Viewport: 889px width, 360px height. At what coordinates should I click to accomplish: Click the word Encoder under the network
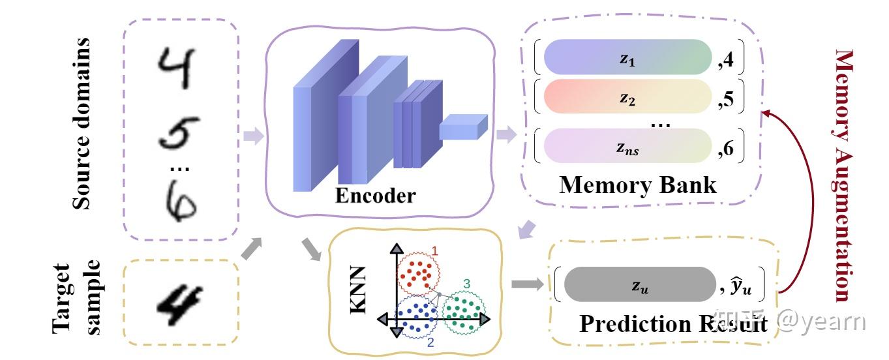coord(375,195)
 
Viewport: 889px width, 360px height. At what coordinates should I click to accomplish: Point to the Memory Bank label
coord(637,185)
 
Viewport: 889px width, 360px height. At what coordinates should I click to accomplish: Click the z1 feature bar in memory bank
coord(627,57)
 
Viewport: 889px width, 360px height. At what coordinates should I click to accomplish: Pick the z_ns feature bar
coord(627,146)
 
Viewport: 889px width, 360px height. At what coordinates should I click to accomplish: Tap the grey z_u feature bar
coord(639,284)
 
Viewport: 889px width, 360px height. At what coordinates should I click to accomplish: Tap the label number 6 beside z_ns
coord(728,150)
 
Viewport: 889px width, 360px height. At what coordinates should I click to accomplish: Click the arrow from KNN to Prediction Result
coord(527,284)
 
